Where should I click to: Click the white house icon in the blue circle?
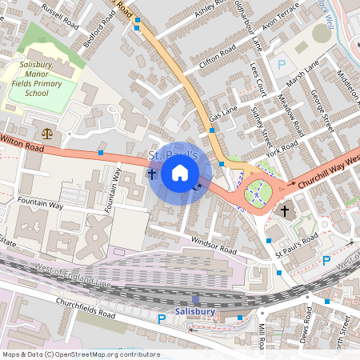pyautogui.click(x=180, y=173)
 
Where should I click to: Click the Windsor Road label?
pyautogui.click(x=214, y=246)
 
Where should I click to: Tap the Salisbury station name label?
pyautogui.click(x=195, y=311)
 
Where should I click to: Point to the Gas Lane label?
pyautogui.click(x=224, y=114)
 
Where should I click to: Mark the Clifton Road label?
pyautogui.click(x=218, y=56)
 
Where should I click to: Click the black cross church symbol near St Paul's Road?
pyautogui.click(x=285, y=210)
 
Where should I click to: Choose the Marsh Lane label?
pyautogui.click(x=302, y=72)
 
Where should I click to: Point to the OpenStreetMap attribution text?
pyautogui.click(x=81, y=354)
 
